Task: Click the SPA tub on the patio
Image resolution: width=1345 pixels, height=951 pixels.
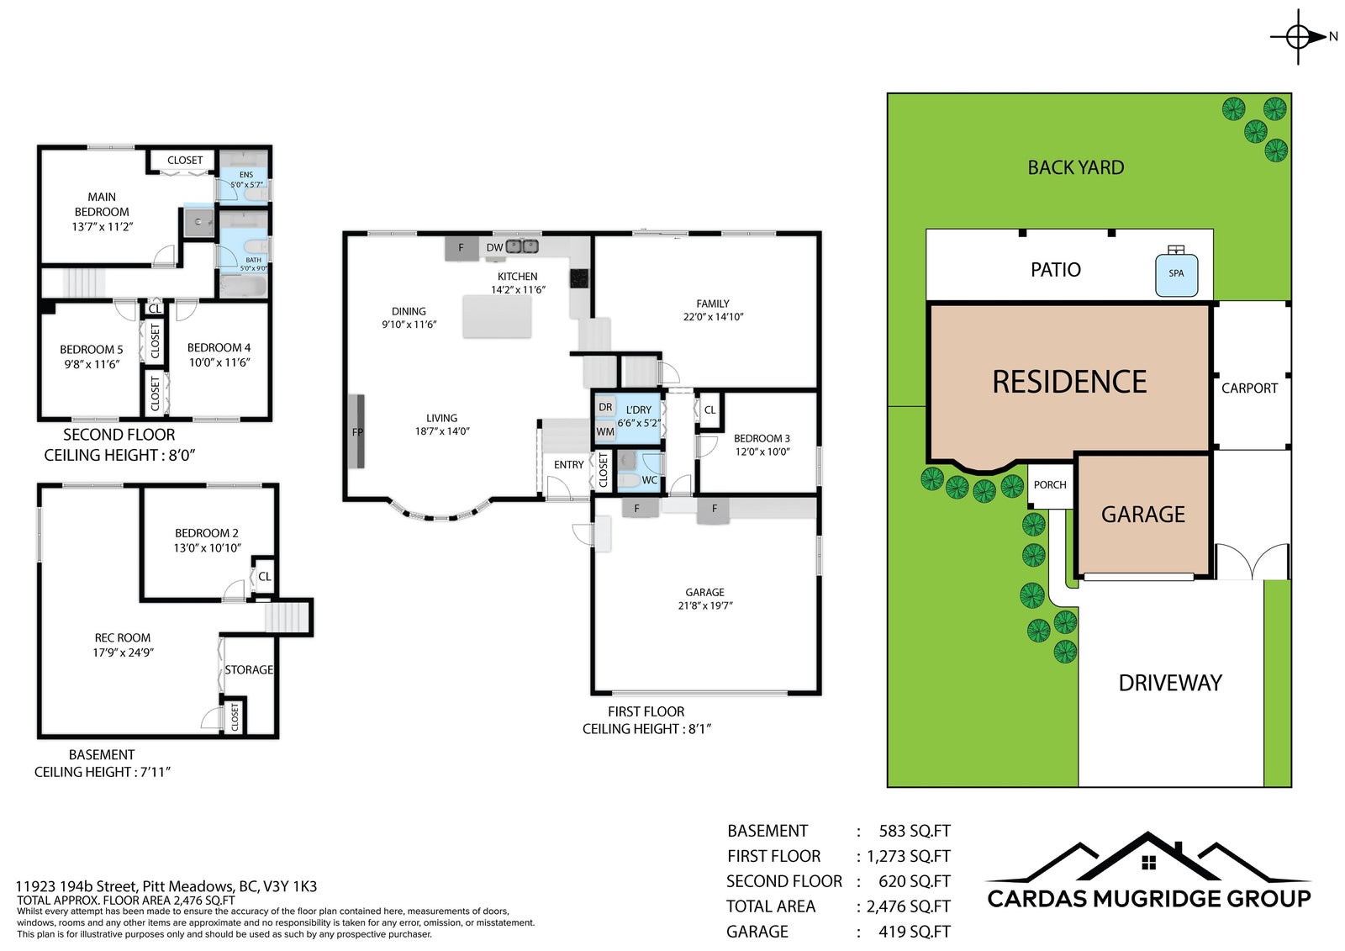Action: point(1176,275)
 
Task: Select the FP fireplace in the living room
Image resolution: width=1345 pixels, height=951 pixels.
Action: point(356,431)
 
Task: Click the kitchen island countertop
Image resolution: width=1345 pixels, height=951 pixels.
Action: point(497,316)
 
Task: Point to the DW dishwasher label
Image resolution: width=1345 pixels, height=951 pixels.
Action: point(494,247)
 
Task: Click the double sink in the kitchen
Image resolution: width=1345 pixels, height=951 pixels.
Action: point(522,246)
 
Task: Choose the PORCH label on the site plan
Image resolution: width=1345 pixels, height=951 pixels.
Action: point(1050,485)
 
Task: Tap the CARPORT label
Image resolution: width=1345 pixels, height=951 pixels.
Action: point(1249,388)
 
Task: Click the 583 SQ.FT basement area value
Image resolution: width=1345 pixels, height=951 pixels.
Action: point(915,831)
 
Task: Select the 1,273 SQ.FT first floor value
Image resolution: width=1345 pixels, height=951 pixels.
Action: point(909,856)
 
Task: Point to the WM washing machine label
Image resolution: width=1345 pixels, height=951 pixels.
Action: point(605,432)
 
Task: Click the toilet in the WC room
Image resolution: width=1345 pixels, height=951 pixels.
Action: point(628,480)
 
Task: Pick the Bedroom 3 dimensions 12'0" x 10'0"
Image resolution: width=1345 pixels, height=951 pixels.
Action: point(762,452)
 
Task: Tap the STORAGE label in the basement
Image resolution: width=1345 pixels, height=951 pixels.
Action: point(249,670)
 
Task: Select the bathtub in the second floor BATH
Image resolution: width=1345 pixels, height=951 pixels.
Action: point(243,287)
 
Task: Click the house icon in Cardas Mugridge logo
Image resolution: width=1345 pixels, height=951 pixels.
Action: point(1148,864)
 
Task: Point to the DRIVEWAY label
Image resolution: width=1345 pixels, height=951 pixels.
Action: point(1170,683)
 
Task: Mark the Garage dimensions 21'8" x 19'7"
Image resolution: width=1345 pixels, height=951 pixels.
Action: point(705,605)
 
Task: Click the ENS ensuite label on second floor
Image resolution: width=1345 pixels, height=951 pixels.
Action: point(246,175)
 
